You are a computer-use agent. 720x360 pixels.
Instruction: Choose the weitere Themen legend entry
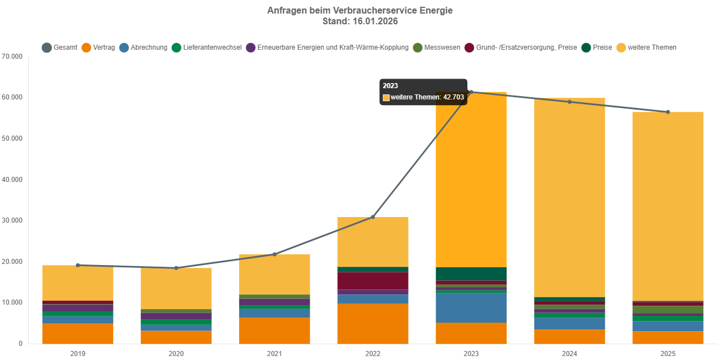point(647,47)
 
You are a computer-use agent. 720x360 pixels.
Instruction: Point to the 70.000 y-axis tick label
point(12,57)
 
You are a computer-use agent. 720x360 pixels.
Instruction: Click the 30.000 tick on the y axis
point(12,221)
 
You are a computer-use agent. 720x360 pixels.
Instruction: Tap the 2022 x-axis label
point(373,354)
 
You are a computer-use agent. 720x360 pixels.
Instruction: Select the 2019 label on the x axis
point(78,354)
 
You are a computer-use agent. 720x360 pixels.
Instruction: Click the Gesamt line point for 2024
point(570,102)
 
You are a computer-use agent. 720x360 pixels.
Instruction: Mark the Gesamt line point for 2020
point(176,268)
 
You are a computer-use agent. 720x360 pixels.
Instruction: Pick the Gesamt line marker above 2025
point(667,112)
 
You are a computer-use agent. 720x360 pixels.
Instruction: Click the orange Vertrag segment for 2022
point(373,324)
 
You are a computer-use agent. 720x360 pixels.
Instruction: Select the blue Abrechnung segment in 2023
point(471,308)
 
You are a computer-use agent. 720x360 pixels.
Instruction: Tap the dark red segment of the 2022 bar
point(373,281)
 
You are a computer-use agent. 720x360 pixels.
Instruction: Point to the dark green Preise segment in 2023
point(471,274)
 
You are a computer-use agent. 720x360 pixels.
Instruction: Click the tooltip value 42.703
point(453,97)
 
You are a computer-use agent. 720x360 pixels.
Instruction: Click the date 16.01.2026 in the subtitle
point(374,21)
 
